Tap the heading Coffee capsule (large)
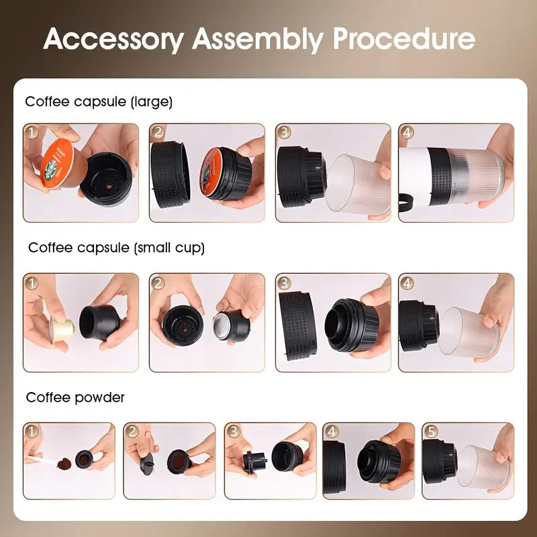[99, 102]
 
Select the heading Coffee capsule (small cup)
[116, 248]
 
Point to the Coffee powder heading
[75, 397]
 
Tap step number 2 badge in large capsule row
[158, 132]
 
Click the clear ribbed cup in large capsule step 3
[359, 183]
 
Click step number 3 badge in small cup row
[284, 282]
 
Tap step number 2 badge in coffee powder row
[132, 432]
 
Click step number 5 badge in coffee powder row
[430, 432]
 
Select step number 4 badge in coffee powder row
[331, 432]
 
